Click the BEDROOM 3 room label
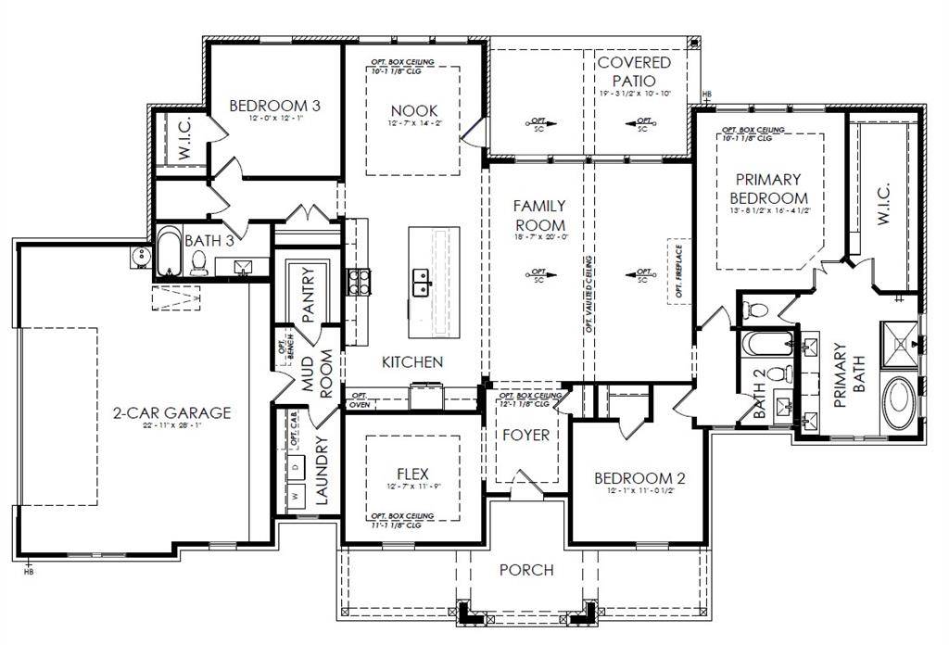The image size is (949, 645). [x=274, y=106]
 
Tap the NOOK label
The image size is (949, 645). [x=412, y=111]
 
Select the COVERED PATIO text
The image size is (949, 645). [x=634, y=71]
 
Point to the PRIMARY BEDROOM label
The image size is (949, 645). [x=768, y=188]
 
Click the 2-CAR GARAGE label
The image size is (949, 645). [x=171, y=413]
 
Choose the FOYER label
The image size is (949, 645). [x=526, y=435]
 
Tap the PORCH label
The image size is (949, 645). [x=526, y=570]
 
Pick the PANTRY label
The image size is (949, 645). [x=309, y=295]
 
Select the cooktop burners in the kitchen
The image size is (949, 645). [x=359, y=281]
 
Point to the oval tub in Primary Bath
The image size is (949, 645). [x=896, y=404]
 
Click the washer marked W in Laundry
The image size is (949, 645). [x=297, y=496]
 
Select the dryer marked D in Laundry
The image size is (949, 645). [x=297, y=468]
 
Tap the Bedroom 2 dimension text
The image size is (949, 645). [x=639, y=492]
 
